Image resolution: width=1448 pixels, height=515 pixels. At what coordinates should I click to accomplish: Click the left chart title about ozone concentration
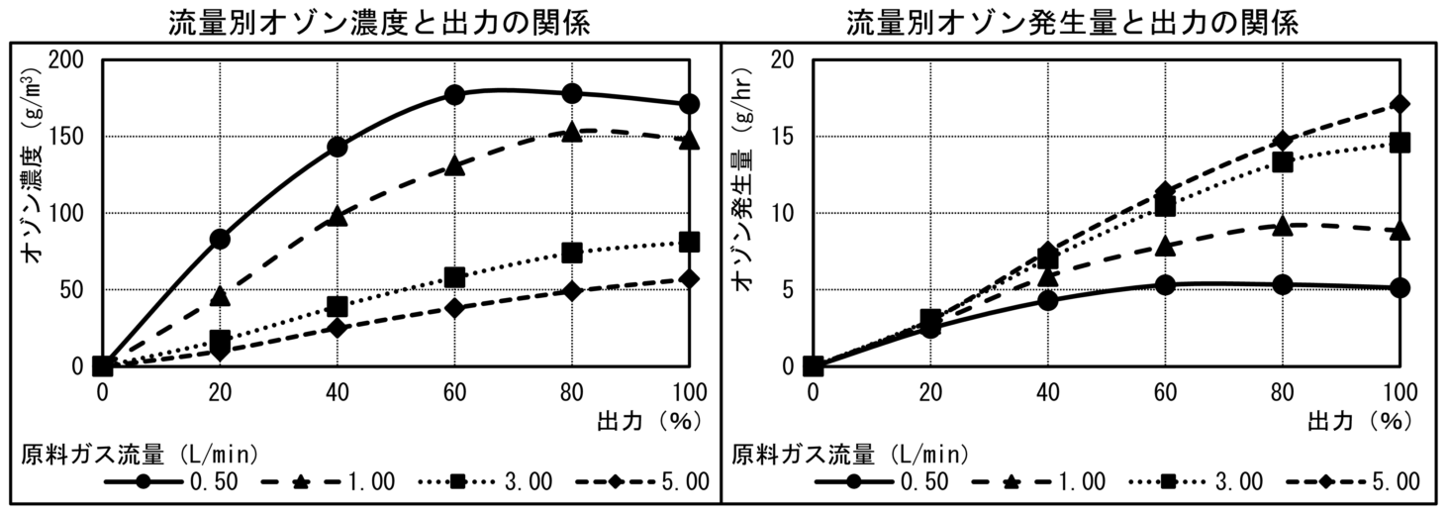coord(380,22)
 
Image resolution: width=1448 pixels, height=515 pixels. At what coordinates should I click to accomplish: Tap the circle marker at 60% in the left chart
coord(454,95)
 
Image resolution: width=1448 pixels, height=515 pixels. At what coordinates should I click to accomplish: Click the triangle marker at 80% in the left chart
coord(572,132)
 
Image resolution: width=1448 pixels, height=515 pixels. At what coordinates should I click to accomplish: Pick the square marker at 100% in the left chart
coord(690,242)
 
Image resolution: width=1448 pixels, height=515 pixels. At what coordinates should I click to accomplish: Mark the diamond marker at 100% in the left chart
coord(690,279)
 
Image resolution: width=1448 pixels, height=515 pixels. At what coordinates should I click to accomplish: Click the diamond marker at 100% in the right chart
coord(1400,104)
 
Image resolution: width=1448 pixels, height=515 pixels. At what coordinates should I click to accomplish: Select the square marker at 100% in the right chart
coord(1400,143)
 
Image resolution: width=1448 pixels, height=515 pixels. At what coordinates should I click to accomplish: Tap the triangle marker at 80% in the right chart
coord(1283,226)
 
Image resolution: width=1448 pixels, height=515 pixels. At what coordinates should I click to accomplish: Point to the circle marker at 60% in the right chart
coord(1165,285)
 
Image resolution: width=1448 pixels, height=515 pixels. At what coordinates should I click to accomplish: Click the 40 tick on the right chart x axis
coord(1048,391)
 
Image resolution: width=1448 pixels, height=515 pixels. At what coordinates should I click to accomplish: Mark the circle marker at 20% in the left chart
coord(220,239)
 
